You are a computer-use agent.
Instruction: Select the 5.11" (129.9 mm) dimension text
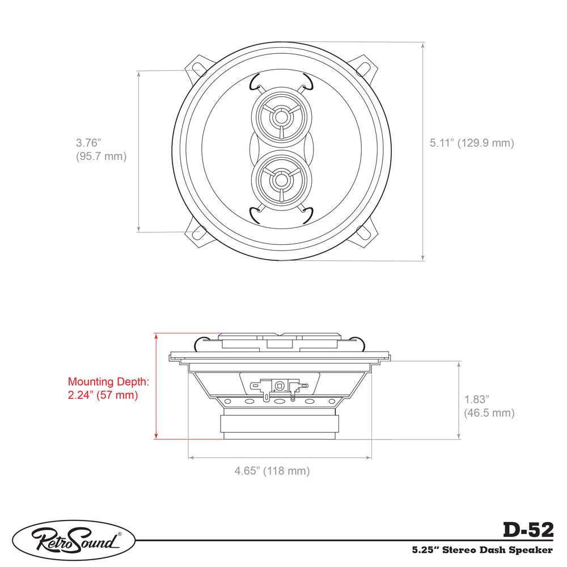coord(472,143)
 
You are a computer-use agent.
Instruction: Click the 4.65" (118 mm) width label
coord(272,471)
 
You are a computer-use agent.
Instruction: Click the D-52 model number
coord(527,530)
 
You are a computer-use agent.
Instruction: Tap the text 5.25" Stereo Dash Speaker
coord(482,549)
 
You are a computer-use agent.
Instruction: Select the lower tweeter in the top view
coord(281,180)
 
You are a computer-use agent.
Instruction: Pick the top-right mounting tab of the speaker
coord(366,68)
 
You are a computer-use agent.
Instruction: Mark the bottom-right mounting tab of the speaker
coord(366,234)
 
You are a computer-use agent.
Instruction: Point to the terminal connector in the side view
coord(280,386)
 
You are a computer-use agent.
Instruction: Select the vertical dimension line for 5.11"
coord(423,151)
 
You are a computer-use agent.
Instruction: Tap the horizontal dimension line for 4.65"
coord(280,456)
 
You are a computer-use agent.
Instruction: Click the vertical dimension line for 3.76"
coord(139,151)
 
